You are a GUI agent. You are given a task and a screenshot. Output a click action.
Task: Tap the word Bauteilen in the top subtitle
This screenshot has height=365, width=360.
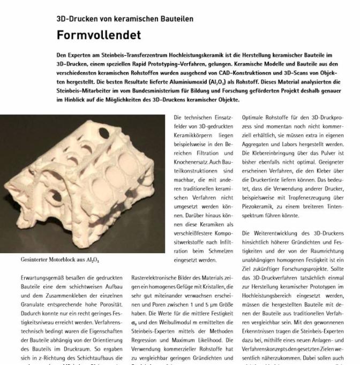[x=174, y=19]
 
